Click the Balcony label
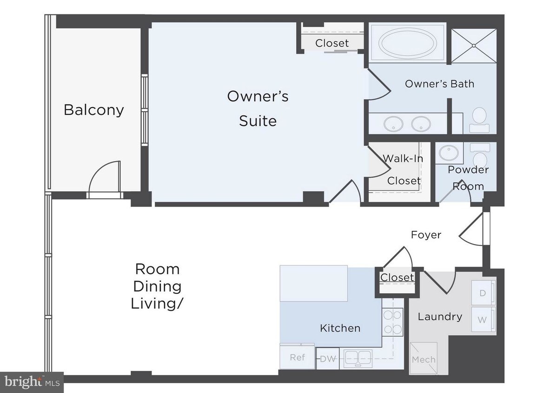[x=94, y=110]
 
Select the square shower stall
[x=474, y=46]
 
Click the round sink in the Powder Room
[x=449, y=152]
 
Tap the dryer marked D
[x=483, y=293]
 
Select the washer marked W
[x=483, y=320]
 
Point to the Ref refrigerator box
[x=297, y=357]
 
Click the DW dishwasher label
[x=328, y=359]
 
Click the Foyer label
[x=426, y=235]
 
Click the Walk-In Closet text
[x=403, y=169]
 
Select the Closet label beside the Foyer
[x=397, y=278]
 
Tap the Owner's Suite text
[x=258, y=108]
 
